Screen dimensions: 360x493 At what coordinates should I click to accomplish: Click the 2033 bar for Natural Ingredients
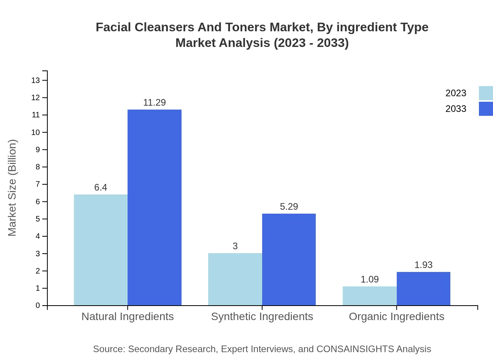[155, 207]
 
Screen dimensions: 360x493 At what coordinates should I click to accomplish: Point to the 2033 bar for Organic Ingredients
[423, 288]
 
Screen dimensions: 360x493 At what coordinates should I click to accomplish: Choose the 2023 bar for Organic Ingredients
[369, 296]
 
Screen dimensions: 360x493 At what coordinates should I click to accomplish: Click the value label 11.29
[155, 103]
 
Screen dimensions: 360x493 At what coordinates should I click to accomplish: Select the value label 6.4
[101, 187]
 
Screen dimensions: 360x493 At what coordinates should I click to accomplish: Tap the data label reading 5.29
[289, 207]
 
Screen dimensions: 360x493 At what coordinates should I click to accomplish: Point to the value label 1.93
[423, 265]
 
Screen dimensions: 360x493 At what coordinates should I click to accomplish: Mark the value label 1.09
[369, 279]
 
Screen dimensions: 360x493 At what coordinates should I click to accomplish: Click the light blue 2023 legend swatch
[486, 93]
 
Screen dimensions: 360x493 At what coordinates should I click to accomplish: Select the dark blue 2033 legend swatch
[486, 109]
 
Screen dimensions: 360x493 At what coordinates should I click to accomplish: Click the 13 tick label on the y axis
[36, 81]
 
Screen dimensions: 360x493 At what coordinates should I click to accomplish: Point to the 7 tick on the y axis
[38, 184]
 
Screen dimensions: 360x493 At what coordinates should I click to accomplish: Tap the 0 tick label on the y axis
[38, 306]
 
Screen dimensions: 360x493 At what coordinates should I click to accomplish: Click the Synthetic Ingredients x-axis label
[262, 317]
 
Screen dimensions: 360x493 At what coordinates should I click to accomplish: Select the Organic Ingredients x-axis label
[396, 317]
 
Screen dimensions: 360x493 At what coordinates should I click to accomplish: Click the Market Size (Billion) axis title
[12, 188]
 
